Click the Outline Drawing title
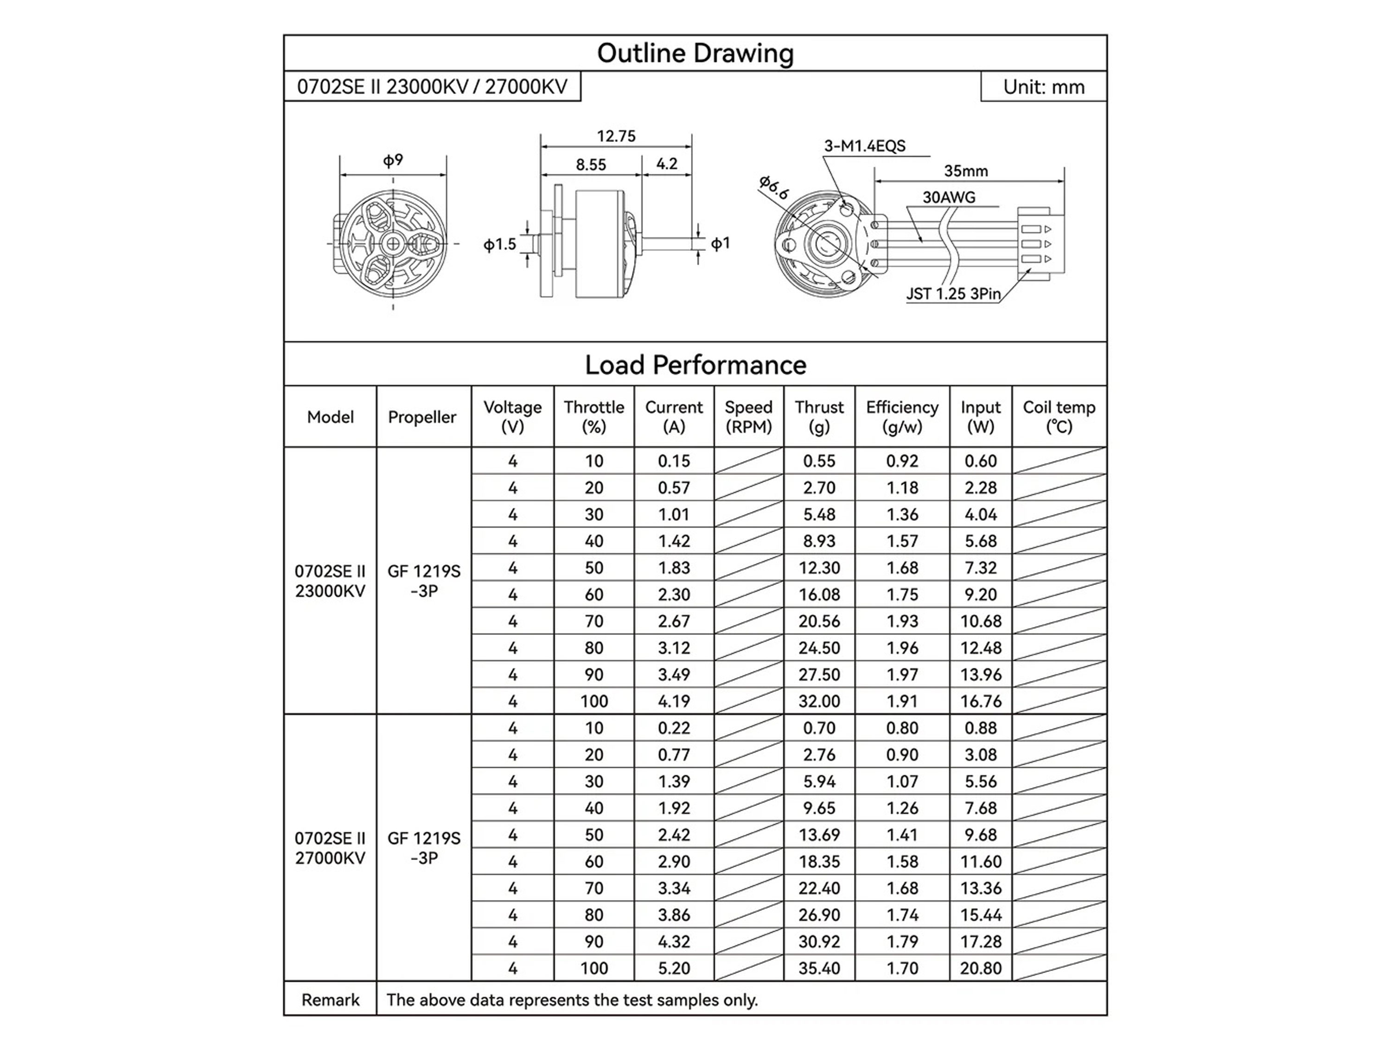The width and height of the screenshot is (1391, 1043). coord(695,53)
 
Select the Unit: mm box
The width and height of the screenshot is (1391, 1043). coord(1043,87)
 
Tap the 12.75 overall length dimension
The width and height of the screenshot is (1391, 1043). coord(616,136)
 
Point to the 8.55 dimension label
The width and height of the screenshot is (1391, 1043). coord(591,165)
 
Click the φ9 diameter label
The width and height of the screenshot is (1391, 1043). coord(393,161)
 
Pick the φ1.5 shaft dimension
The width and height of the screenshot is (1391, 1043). coord(500,244)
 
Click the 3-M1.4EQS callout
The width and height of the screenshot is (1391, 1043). coord(865,146)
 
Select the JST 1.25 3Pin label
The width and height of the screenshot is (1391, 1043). coord(953,294)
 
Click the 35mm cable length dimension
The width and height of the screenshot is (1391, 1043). coord(965,171)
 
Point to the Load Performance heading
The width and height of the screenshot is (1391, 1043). coord(695,365)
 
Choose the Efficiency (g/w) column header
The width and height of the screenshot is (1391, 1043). coord(902,416)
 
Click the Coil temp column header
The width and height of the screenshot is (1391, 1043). coord(1059,416)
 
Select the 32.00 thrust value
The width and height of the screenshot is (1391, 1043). coord(819,701)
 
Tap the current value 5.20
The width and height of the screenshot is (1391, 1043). coord(674,968)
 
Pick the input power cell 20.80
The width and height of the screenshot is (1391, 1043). coord(980,968)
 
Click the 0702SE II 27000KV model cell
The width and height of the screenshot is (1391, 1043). coord(330,848)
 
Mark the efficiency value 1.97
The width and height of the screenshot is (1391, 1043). coord(902,674)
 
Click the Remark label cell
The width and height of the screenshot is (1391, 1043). coord(330,999)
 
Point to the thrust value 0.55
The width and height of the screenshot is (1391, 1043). coord(819,461)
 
